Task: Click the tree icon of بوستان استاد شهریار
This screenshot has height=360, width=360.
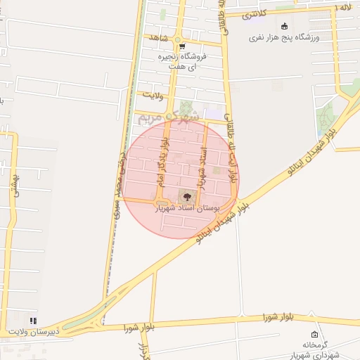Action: point(186,195)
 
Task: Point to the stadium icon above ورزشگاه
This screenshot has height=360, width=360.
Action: point(284,27)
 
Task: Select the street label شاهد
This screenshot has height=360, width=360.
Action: point(155,37)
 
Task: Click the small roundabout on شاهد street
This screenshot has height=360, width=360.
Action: point(179,38)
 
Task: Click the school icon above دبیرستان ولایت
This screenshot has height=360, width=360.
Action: point(32,321)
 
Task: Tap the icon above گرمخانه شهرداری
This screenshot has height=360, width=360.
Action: point(314,334)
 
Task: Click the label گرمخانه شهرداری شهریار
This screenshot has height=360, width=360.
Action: point(311,350)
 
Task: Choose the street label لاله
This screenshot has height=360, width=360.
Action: point(344,6)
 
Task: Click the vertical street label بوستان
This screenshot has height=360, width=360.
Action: point(14,188)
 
